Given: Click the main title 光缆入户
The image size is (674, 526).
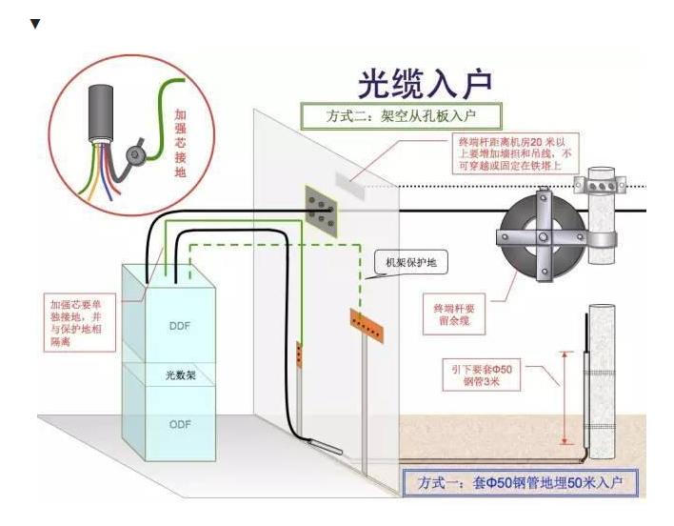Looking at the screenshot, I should (425, 84).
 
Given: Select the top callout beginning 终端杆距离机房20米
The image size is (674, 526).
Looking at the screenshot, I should (515, 153).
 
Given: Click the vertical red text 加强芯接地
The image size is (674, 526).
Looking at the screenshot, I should (180, 143).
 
